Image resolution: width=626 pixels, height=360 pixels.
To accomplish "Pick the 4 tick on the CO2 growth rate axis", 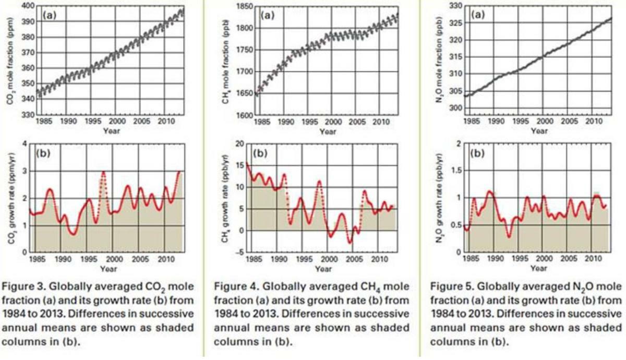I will (x=31, y=143).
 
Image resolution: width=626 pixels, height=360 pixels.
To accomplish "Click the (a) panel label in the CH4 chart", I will (x=267, y=15).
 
